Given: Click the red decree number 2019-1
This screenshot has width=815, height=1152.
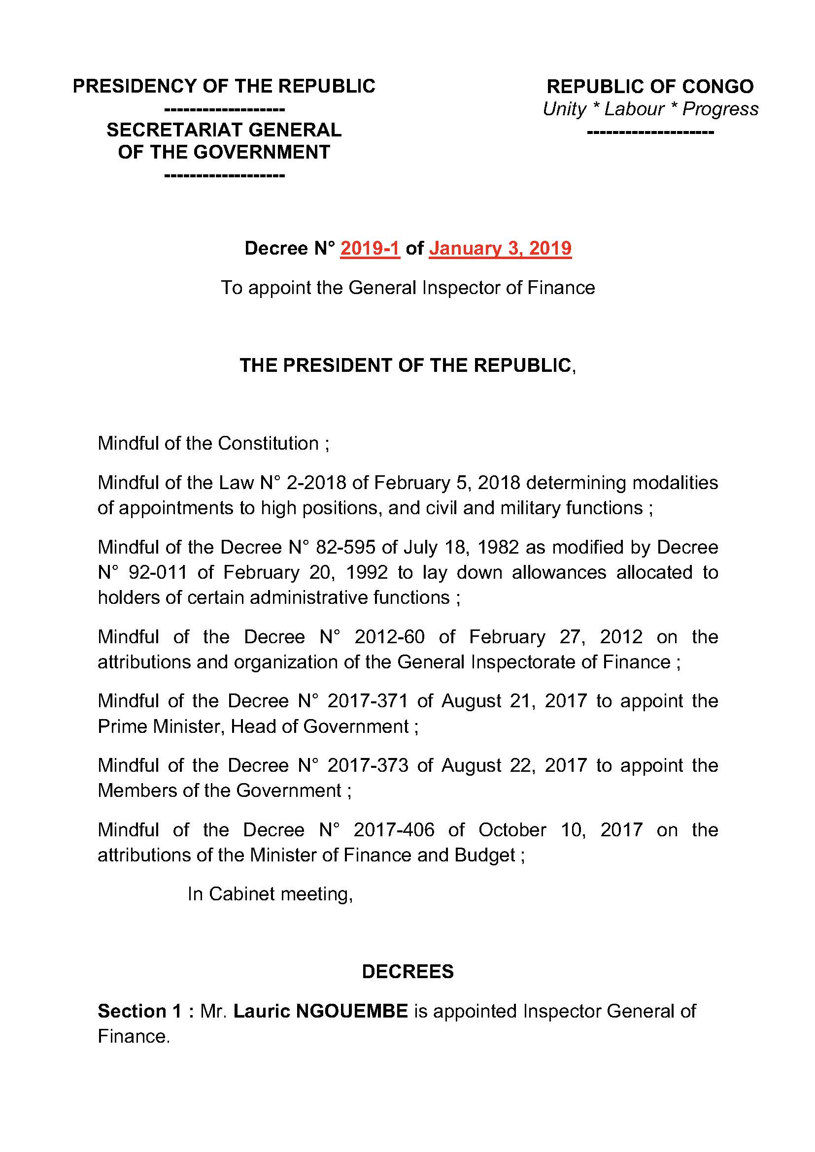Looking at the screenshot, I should (x=370, y=248).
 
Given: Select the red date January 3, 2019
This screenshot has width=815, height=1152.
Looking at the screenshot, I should (x=500, y=248).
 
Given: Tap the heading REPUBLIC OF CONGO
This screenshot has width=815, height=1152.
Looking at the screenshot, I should (x=650, y=86).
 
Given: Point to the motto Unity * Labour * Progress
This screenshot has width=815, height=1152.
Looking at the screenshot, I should (x=650, y=109).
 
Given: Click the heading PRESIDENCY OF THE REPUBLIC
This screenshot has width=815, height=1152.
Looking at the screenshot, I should (x=224, y=86).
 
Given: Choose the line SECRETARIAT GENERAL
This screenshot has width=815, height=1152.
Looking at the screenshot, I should (x=224, y=130).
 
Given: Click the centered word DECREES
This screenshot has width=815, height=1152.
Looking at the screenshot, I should (x=407, y=972).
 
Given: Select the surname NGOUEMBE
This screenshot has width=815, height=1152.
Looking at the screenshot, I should (x=352, y=1011).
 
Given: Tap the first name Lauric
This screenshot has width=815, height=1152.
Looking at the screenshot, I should (x=263, y=1011).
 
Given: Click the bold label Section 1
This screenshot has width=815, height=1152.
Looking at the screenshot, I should (x=139, y=1011).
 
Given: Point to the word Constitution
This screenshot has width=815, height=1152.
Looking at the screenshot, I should (x=269, y=444).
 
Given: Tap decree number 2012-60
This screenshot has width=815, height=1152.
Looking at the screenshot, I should (x=389, y=637).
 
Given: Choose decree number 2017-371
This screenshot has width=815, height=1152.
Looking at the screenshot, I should (x=368, y=701).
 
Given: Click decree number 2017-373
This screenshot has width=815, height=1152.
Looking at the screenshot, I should (x=368, y=765).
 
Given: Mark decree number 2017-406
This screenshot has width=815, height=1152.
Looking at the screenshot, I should (x=394, y=830).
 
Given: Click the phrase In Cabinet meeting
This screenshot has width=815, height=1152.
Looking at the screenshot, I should (x=270, y=894).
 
